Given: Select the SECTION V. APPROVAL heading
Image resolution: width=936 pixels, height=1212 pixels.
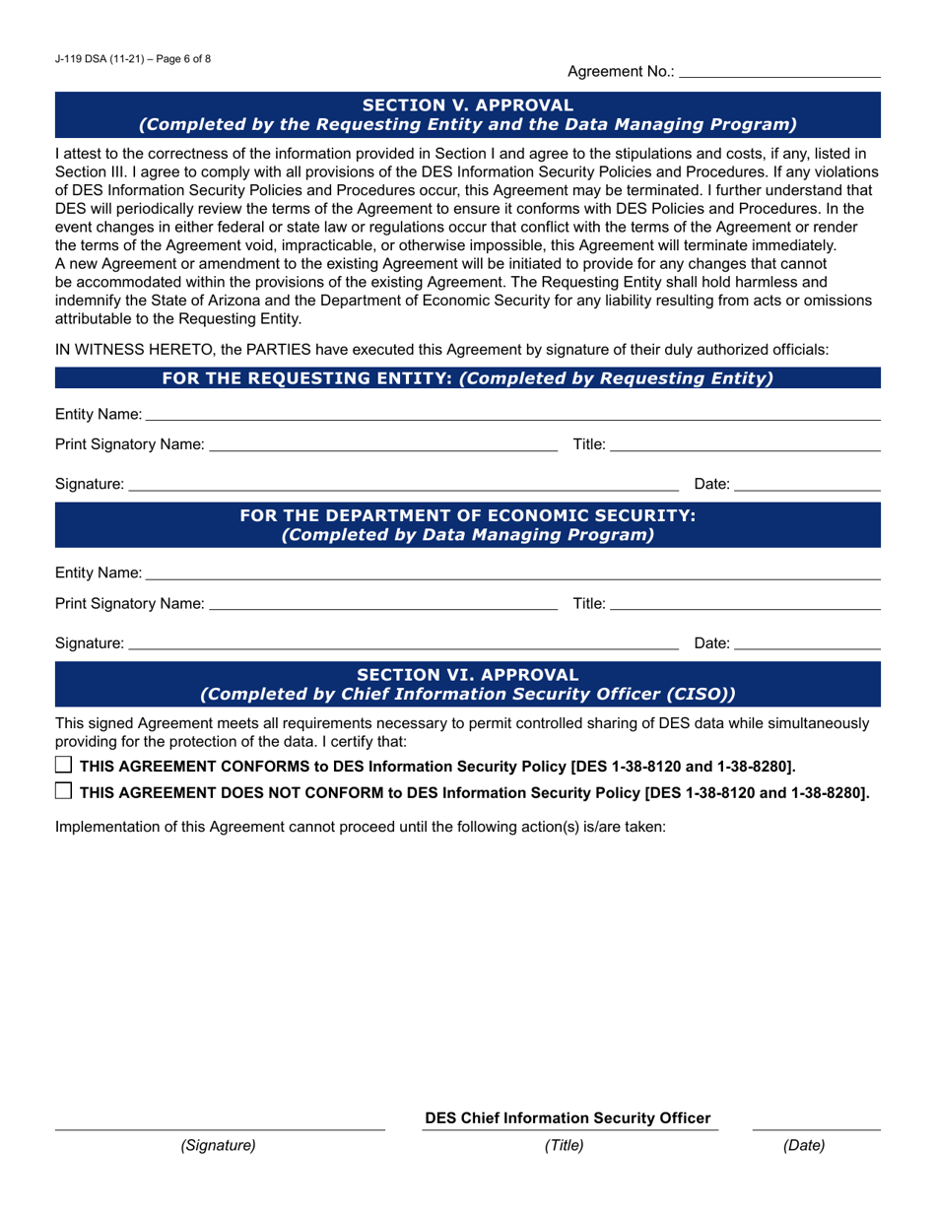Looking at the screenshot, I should point(467,104).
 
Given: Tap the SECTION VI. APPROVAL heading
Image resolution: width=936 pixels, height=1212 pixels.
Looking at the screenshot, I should point(467,675).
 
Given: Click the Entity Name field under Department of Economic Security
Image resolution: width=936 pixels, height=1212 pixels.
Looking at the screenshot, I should point(512,572).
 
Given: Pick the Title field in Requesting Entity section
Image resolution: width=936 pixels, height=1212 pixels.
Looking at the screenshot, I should point(745,445).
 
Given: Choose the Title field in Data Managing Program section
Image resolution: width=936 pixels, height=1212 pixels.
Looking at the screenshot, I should point(745,603).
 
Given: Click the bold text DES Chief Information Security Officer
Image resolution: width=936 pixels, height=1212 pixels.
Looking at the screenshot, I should point(567,1118).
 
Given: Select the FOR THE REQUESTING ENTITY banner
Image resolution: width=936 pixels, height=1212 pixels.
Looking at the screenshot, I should point(467,378).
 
